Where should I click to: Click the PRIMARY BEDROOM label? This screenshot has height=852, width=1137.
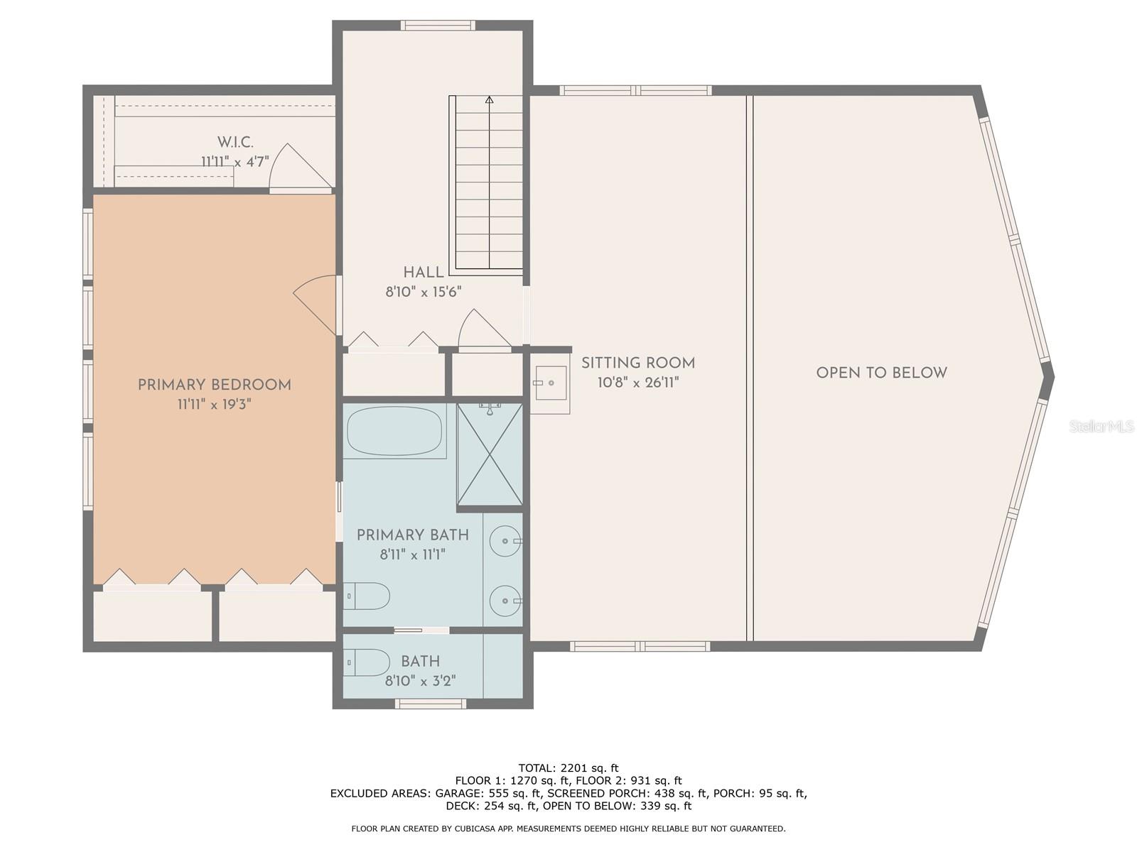214,385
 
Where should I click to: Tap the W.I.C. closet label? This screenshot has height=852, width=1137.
235,143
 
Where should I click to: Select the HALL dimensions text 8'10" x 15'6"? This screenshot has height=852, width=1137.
424,292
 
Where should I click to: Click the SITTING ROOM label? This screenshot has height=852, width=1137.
637,364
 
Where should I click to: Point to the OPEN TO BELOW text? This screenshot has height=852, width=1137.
881,373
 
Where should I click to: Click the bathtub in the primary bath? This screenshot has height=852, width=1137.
394,430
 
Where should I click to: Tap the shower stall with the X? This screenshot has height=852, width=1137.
490,454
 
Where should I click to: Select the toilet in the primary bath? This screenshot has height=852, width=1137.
367,596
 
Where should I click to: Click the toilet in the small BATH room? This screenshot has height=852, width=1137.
367,662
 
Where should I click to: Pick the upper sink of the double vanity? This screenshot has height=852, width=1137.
505,541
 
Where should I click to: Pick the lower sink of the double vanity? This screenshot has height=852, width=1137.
505,601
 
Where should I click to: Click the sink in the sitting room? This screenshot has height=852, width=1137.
550,383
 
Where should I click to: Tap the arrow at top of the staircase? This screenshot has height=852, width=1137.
489,100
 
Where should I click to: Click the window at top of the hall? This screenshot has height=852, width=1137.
437,26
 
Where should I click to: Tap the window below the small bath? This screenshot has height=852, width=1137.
431,704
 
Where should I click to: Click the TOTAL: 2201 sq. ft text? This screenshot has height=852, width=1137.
568,768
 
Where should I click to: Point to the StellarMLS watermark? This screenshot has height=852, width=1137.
1101,427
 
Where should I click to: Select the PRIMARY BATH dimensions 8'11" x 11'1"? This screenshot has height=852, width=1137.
412,555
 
